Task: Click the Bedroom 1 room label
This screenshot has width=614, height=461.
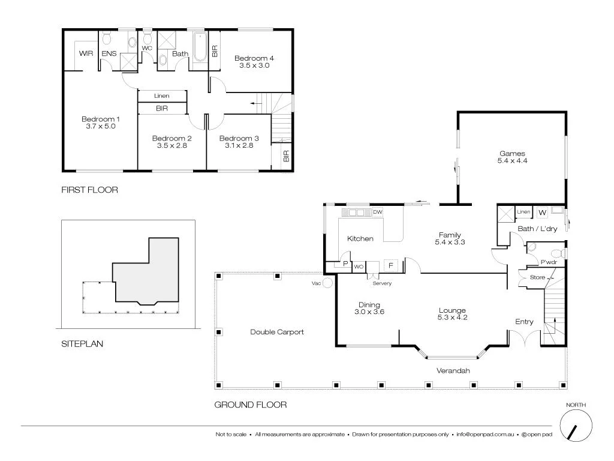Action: coord(101,119)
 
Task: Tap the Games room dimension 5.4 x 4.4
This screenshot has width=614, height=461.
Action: coord(512,161)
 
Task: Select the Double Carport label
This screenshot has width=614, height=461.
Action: coord(277,332)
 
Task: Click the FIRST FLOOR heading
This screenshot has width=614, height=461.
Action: coord(90,190)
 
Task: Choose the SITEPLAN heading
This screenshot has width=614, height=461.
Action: coord(82,345)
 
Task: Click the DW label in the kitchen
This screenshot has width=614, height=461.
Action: coord(378,212)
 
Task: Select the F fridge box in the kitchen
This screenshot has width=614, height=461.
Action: coord(391,265)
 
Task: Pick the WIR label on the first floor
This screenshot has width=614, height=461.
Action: coord(86,53)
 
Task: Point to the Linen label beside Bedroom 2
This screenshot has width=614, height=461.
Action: coord(161,96)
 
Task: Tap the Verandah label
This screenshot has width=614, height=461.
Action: coord(453,371)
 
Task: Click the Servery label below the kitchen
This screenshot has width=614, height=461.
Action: coord(382,283)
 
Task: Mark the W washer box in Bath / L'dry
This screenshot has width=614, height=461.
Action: coord(542,212)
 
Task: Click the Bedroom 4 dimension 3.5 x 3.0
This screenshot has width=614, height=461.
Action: coord(254,65)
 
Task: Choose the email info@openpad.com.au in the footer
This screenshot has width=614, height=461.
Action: coord(485,434)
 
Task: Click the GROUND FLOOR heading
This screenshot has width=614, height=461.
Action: coord(251,405)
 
